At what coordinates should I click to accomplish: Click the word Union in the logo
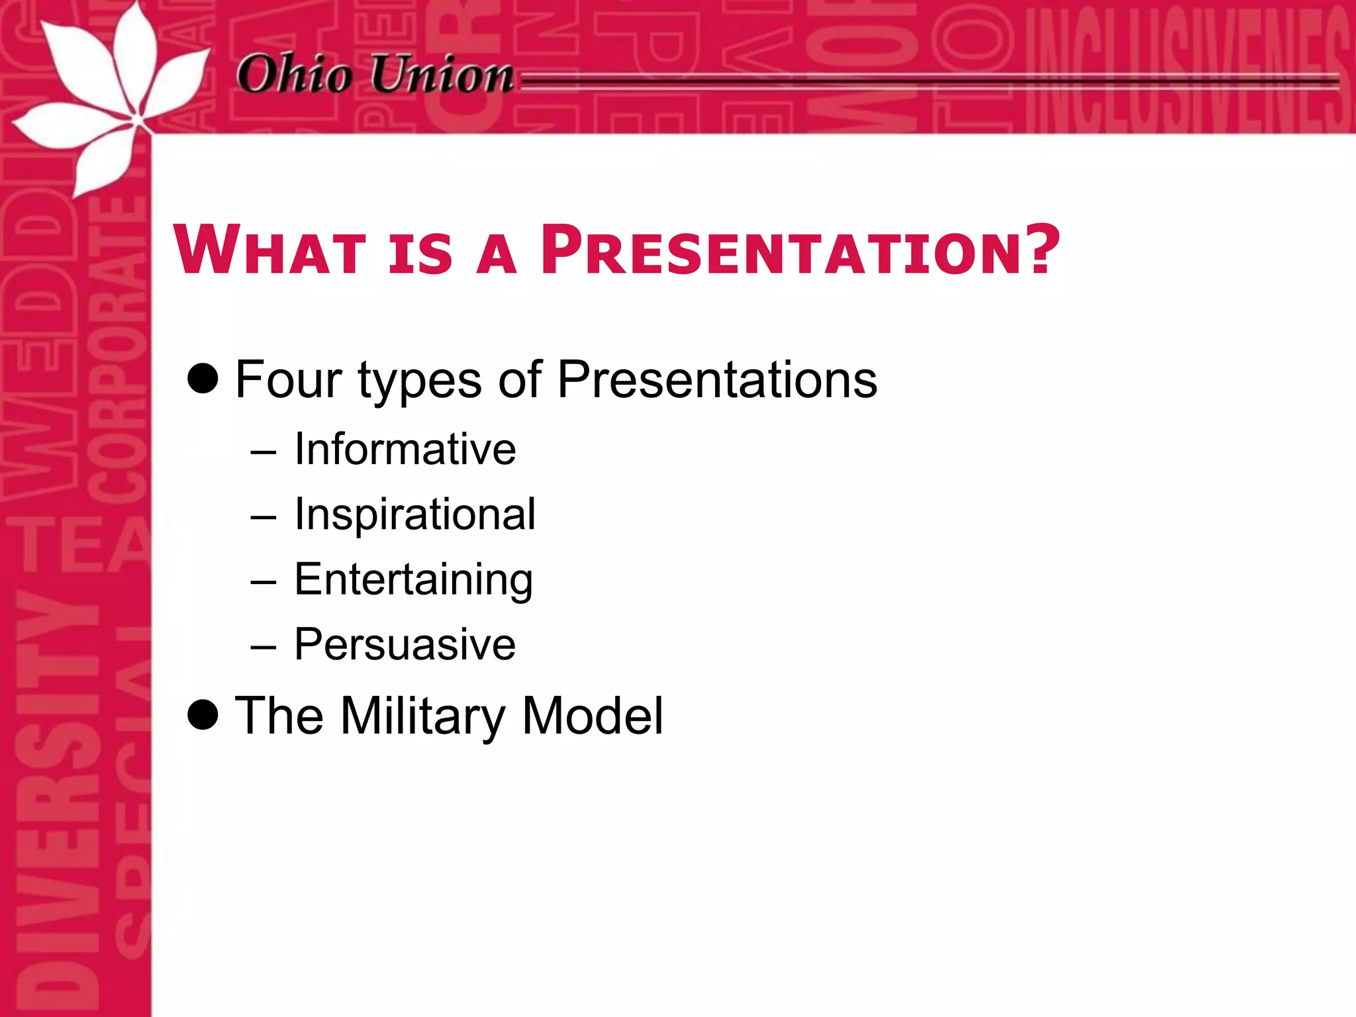(x=442, y=74)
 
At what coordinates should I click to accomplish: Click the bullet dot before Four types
(x=203, y=379)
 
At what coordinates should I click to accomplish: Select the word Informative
(x=405, y=449)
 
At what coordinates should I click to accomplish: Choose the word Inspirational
(x=414, y=514)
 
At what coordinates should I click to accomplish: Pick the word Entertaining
(x=413, y=579)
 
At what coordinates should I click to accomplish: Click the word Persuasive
(x=405, y=644)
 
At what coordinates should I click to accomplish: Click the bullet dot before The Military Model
(x=203, y=715)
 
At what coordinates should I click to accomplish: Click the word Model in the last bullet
(x=592, y=716)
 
